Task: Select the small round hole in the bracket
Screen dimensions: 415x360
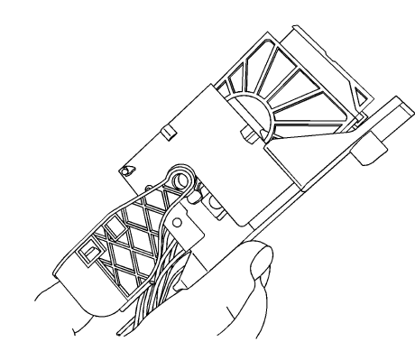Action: tap(176, 219)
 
